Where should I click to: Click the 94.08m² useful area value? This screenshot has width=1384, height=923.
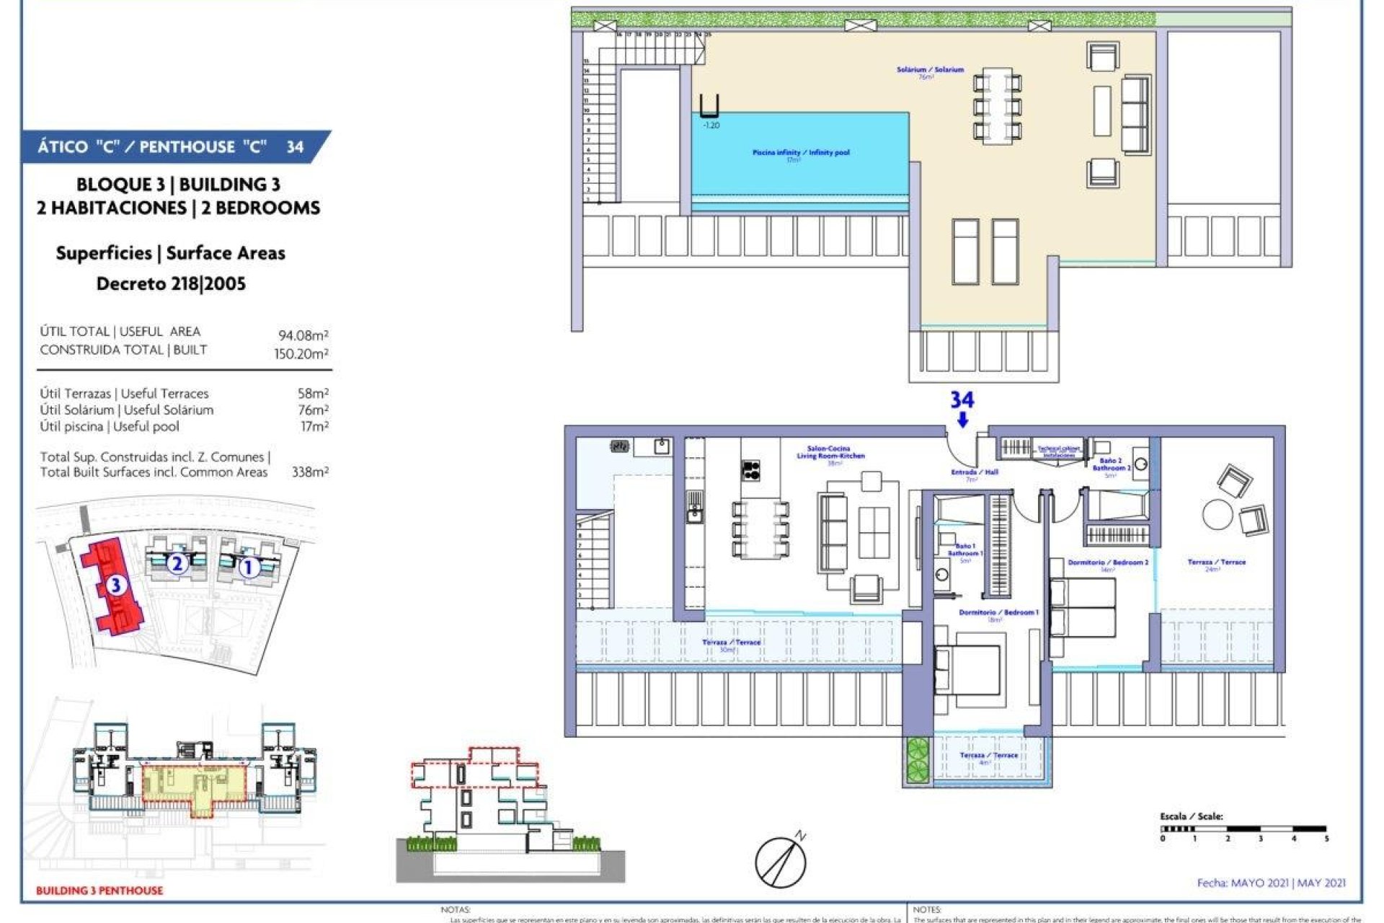tap(303, 335)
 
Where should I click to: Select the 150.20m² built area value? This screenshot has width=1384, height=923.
tap(301, 353)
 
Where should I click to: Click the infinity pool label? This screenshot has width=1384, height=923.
tap(800, 153)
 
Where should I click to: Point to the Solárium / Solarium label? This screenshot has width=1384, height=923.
tap(930, 70)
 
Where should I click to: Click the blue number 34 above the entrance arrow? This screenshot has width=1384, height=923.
tap(962, 399)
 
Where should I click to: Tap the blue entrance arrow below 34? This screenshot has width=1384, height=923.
tap(962, 420)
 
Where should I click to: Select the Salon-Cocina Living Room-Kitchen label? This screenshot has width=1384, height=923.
tap(830, 453)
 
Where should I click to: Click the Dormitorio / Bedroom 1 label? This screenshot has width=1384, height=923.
tap(998, 613)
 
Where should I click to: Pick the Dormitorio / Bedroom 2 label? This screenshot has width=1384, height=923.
tap(1108, 562)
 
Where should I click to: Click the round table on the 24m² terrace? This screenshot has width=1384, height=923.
tap(1217, 515)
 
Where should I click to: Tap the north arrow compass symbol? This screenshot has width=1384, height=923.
tap(781, 861)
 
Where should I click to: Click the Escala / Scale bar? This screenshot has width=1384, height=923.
tap(1243, 829)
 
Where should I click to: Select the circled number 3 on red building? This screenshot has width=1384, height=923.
tap(115, 585)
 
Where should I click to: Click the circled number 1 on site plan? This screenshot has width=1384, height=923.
tap(248, 568)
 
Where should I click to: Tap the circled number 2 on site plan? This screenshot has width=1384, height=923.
tap(177, 563)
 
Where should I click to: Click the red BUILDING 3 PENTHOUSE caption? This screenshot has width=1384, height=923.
tap(99, 891)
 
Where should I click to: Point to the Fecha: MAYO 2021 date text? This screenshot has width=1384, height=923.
tap(1271, 882)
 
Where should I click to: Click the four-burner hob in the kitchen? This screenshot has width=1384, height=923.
tap(751, 470)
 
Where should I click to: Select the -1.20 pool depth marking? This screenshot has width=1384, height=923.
tap(711, 125)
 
